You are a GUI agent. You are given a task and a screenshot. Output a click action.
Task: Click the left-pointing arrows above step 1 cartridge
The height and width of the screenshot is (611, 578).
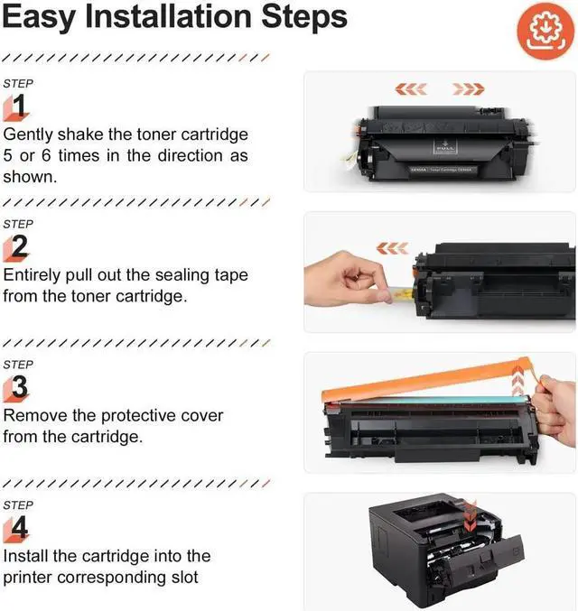tap(412, 89)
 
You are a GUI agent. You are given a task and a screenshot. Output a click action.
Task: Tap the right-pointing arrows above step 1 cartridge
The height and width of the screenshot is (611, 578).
tap(468, 89)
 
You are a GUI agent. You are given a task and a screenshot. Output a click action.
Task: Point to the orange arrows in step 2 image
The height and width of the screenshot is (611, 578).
tap(391, 247)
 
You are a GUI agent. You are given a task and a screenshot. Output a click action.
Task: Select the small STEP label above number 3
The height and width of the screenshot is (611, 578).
tap(19, 365)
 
